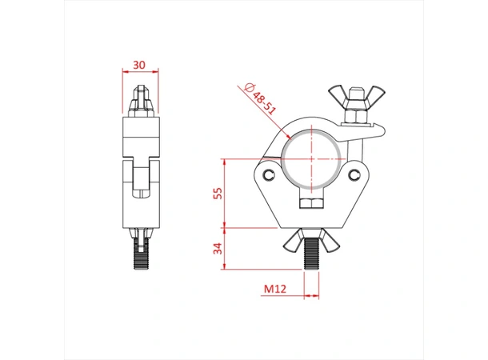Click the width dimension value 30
[x=140, y=64]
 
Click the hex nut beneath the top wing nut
[x=354, y=119]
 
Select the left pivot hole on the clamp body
[x=269, y=174]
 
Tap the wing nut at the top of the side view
[x=141, y=100]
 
